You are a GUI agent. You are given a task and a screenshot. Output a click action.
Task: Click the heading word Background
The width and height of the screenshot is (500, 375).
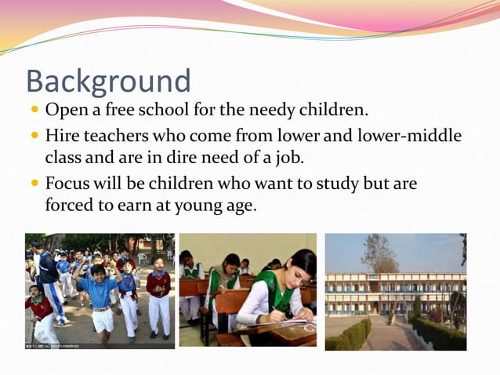(108, 82)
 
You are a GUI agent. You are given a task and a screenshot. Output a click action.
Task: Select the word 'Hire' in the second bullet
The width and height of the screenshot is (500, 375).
(62, 136)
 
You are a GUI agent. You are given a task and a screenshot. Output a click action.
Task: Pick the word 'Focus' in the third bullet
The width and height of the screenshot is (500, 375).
(67, 184)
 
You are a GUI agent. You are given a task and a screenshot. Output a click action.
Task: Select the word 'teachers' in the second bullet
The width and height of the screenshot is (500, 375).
(114, 136)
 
